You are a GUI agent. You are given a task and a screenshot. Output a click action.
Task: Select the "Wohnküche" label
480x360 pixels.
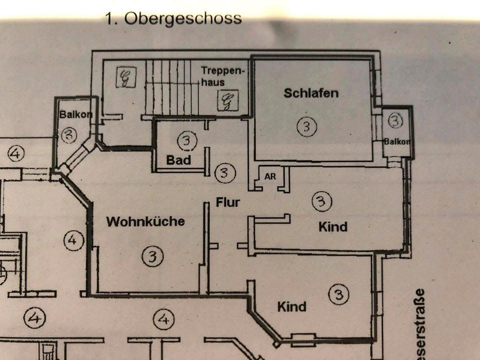click(145, 221)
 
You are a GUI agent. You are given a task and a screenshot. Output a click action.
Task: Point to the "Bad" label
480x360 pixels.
click(178, 160)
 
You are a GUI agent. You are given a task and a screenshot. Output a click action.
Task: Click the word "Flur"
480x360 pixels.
click(228, 202)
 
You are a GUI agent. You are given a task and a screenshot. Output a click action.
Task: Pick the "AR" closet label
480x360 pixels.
click(270, 176)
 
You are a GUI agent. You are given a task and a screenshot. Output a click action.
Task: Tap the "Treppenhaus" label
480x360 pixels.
click(223, 75)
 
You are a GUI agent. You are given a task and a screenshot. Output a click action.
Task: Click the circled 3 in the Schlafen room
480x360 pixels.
click(306, 126)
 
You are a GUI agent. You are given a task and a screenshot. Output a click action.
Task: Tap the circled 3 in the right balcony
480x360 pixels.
click(395, 120)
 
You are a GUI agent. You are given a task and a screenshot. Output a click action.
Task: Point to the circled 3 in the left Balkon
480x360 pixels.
click(69, 134)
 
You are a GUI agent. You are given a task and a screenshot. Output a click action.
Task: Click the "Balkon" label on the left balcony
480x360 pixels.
click(75, 114)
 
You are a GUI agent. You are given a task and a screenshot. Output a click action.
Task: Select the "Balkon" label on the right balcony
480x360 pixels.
click(397, 142)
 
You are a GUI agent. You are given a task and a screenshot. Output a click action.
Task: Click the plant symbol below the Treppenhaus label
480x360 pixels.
click(227, 100)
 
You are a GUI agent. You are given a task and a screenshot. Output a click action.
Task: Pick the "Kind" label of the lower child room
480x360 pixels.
click(292, 306)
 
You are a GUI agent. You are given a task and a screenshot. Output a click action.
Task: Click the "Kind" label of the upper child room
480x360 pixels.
click(333, 226)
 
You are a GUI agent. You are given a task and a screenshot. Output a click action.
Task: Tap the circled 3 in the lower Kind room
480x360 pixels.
click(338, 294)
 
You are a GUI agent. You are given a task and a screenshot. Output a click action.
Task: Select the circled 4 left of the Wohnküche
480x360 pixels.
click(73, 240)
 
